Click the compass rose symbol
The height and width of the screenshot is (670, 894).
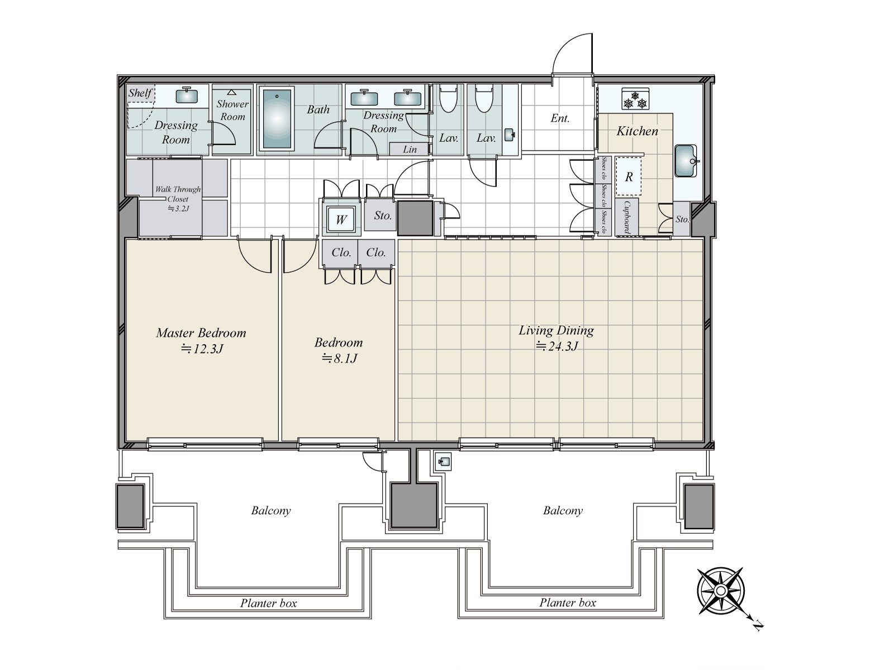[x=720, y=591]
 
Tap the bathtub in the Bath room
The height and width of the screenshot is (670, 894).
[x=277, y=119]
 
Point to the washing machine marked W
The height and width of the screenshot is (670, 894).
[x=341, y=219]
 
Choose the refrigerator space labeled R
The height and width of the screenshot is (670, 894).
[x=629, y=176]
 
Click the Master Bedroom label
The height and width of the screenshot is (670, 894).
[x=201, y=333]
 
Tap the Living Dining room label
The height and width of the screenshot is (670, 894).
[x=556, y=331]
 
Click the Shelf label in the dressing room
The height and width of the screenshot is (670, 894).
[x=140, y=93]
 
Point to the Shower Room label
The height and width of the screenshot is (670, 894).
[x=232, y=110]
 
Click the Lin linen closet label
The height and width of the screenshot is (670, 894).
[x=410, y=150]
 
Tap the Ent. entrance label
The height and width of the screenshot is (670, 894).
[x=560, y=118]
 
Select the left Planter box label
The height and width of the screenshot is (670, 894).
[x=268, y=603]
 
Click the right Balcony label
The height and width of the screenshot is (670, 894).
[x=563, y=510]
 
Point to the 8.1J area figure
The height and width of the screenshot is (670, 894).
[x=340, y=358]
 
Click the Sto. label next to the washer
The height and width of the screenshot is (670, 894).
[x=383, y=216]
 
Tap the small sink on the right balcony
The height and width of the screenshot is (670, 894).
[x=443, y=462]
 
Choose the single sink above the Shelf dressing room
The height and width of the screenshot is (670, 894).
[x=187, y=95]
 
